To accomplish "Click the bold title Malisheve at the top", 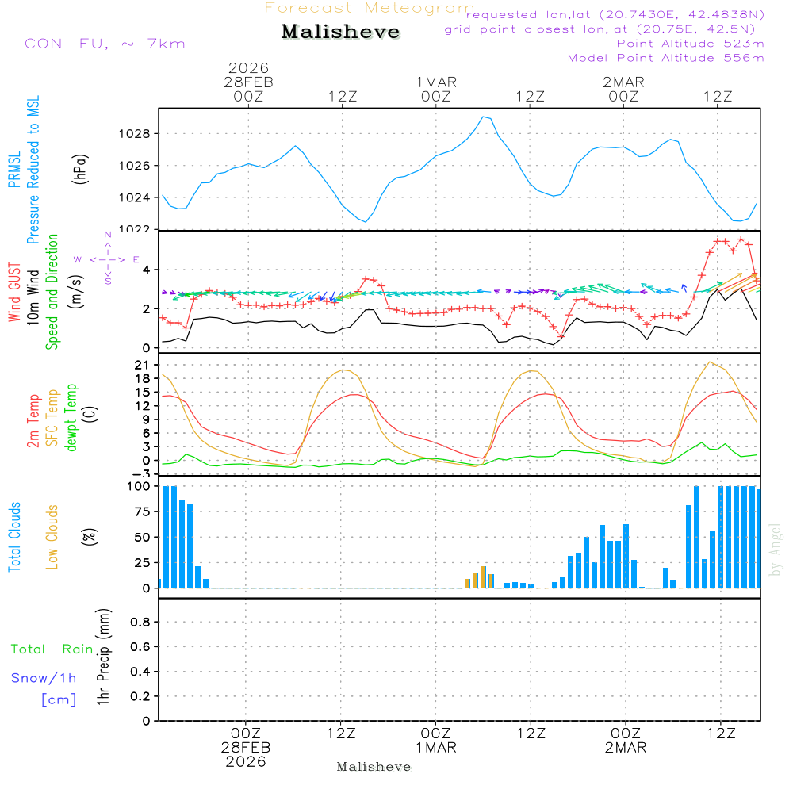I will [341, 33].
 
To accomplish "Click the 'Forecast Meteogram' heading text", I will [370, 8].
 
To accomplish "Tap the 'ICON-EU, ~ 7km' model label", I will [102, 44].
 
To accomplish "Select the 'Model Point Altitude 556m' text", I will [666, 58].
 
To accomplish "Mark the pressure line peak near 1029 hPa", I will [483, 117].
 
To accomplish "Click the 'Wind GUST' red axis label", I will [15, 293].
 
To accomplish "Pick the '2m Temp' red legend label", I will [34, 420].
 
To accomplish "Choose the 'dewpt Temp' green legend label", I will [72, 418].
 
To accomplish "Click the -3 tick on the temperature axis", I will [143, 474].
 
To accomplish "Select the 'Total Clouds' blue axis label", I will [15, 537].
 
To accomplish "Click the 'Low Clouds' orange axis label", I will [53, 537].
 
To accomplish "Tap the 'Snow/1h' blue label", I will [44, 678].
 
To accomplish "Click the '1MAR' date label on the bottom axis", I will [435, 747].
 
